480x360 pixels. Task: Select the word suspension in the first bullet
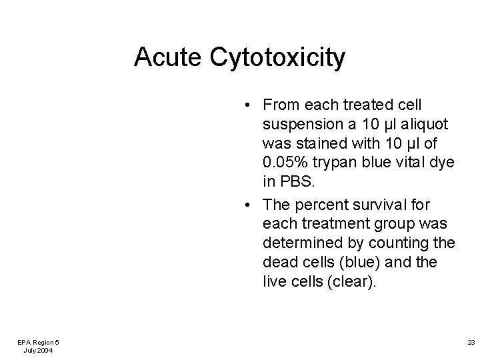297,125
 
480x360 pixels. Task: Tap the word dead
280,263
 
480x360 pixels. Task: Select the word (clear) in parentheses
347,281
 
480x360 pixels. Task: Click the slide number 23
471,342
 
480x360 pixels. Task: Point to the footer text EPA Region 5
38,341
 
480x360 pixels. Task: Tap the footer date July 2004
38,350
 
